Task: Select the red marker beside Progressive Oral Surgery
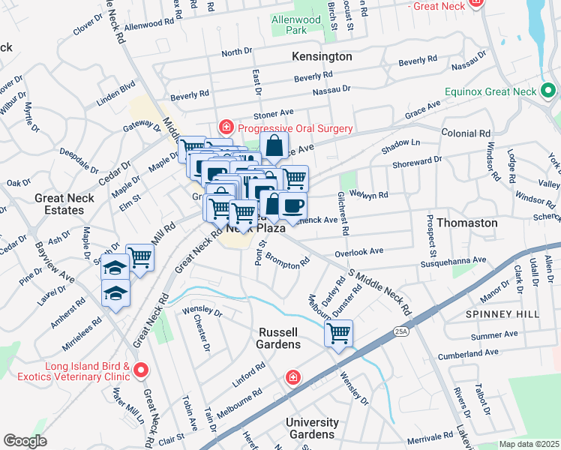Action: pyautogui.click(x=223, y=128)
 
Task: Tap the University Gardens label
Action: pyautogui.click(x=311, y=428)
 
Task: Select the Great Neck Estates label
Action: pyautogui.click(x=59, y=204)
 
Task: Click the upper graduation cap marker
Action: pyautogui.click(x=115, y=267)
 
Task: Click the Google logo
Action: pyautogui.click(x=25, y=441)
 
